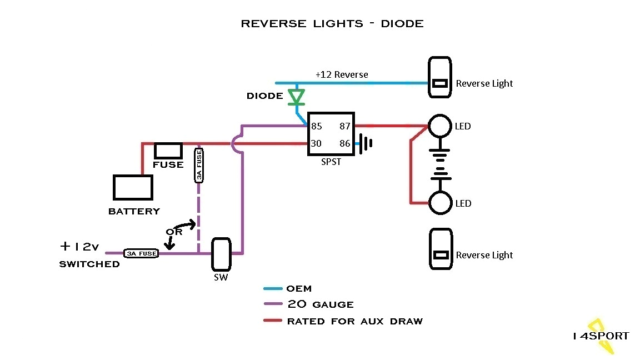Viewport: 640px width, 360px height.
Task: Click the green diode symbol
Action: (297, 97)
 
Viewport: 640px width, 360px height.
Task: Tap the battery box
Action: (133, 187)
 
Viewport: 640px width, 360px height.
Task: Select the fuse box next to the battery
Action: (168, 151)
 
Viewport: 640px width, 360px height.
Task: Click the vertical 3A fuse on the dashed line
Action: (198, 166)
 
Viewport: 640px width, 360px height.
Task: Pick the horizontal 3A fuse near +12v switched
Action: (141, 253)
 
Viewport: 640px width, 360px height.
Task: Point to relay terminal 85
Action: (317, 127)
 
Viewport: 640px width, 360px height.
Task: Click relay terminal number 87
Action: (345, 127)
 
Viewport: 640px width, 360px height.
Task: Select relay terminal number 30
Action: (317, 143)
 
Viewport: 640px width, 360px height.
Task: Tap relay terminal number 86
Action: (345, 143)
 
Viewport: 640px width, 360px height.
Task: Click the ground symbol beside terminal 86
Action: (366, 143)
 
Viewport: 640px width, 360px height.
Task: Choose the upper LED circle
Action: (440, 126)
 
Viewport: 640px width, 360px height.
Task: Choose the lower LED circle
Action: (440, 203)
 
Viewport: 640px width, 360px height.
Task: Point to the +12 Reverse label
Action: (342, 74)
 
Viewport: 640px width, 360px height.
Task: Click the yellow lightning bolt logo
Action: (602, 336)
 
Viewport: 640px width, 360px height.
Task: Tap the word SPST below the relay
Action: (332, 162)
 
